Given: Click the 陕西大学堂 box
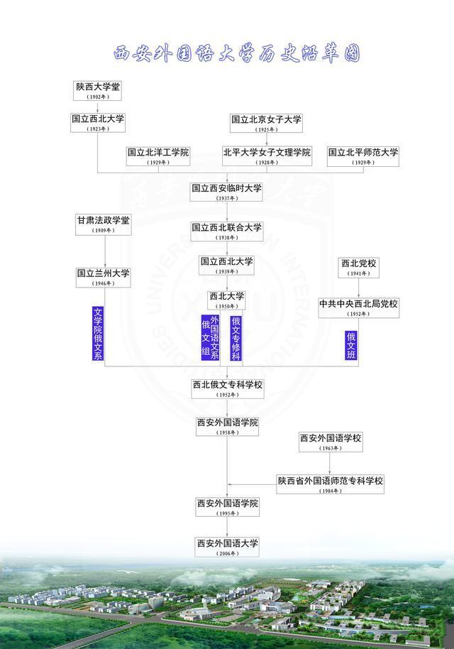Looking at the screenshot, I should tap(99, 90).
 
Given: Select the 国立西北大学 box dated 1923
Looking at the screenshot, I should tap(99, 123).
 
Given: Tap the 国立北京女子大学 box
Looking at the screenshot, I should tap(267, 123).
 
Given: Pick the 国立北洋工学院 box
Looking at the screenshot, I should tap(158, 156).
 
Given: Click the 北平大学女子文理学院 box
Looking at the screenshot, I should tap(267, 156).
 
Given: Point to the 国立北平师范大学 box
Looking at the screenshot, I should tap(363, 156).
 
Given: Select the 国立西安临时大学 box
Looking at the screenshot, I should tap(227, 192).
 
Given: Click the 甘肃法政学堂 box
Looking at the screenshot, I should tap(104, 224).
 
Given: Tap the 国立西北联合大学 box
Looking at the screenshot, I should tap(227, 231).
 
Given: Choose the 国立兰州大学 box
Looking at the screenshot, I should tap(104, 277).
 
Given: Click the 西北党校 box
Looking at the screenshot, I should tap(358, 267).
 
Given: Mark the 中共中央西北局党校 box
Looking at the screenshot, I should tap(358, 307).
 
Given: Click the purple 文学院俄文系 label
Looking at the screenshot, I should tap(99, 334).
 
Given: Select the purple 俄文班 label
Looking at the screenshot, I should tap(351, 345).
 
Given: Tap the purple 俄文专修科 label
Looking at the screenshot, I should tap(236, 338).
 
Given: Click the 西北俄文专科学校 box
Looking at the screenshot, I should tap(227, 388).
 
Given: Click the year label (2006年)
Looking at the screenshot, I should tap(227, 553).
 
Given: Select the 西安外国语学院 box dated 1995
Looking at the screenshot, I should tap(227, 507).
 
